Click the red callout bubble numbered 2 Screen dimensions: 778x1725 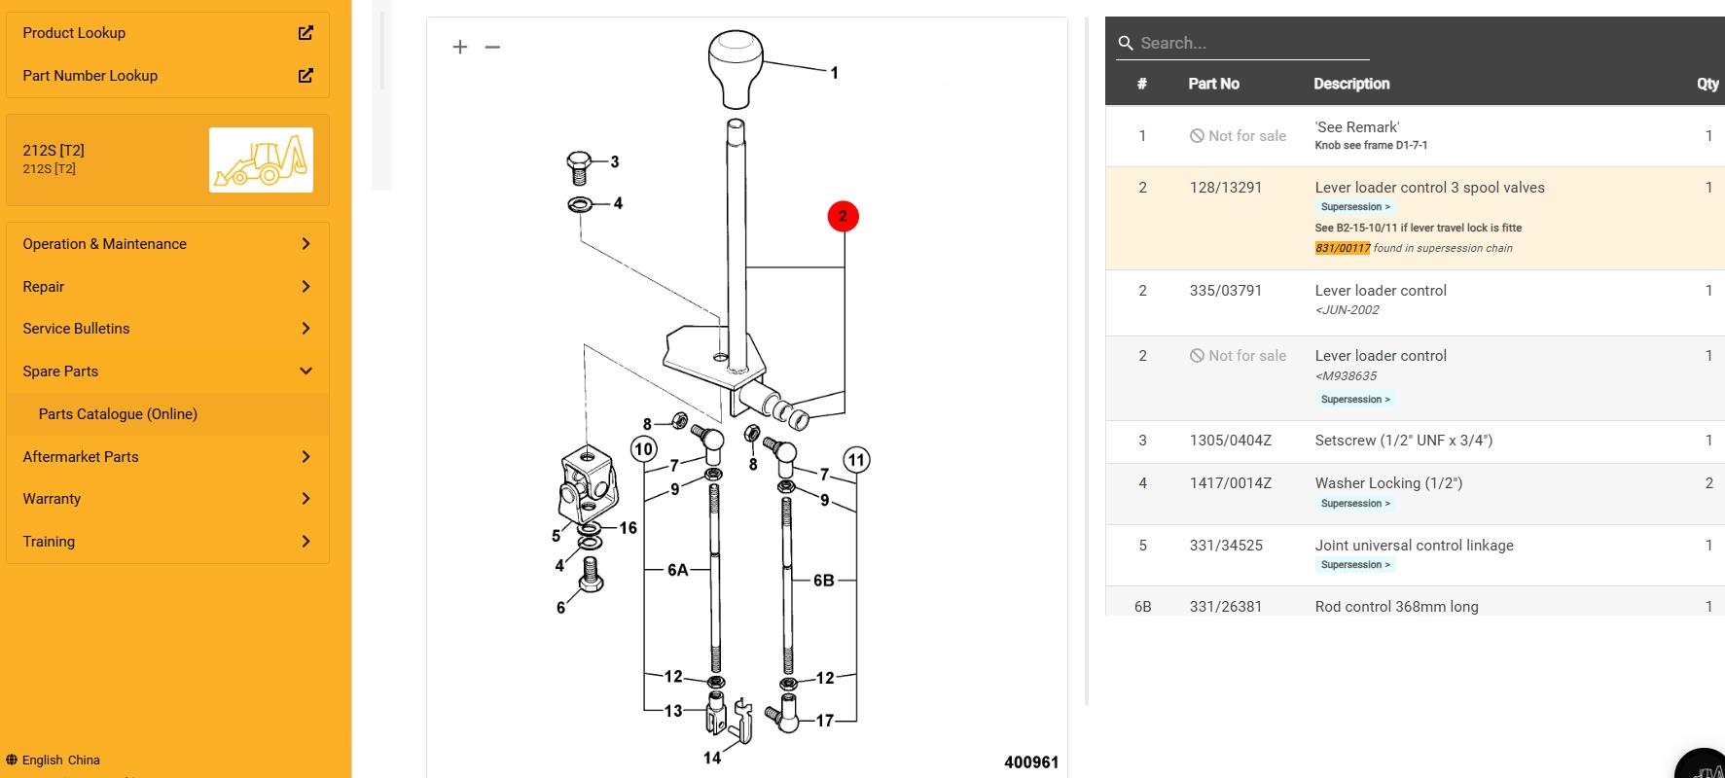click(843, 216)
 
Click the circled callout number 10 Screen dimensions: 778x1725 click(643, 449)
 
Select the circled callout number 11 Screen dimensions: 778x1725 click(856, 460)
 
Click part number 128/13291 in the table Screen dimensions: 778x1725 click(1225, 188)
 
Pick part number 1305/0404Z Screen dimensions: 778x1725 click(1230, 441)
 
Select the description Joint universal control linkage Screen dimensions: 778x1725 click(1414, 546)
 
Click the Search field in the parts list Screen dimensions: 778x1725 click(1250, 43)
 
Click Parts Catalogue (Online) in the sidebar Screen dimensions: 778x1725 click(118, 414)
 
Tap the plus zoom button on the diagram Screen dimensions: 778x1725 click(460, 47)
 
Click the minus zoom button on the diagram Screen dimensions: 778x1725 click(492, 47)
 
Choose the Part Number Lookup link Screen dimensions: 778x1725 click(90, 76)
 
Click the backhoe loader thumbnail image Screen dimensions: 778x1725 click(261, 159)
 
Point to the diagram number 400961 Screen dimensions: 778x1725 click(1030, 762)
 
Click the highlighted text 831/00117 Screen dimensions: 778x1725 click(1342, 248)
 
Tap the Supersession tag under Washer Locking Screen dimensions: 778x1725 click(1355, 504)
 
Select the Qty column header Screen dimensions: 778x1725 click(1707, 84)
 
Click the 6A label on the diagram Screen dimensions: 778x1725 click(677, 570)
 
